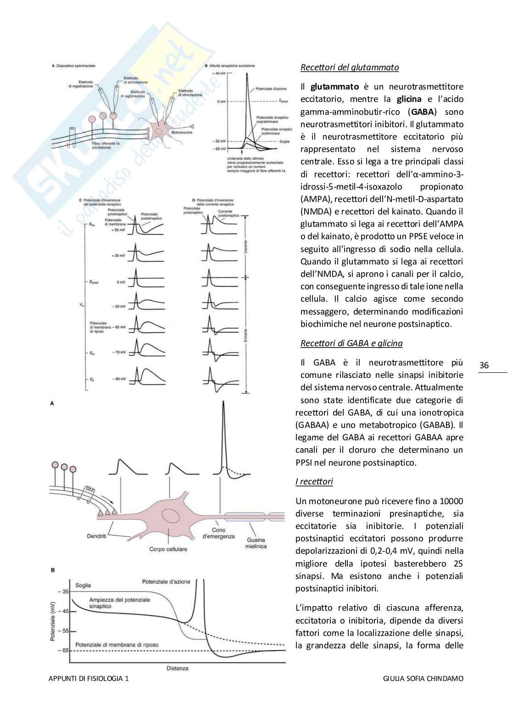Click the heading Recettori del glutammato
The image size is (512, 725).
pos(349,67)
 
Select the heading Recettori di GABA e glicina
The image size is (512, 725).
pos(351,343)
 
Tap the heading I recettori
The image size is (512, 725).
pos(314,482)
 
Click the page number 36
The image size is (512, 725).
pos(484,365)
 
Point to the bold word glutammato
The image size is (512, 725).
pos(334,87)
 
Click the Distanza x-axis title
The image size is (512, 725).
pos(177,668)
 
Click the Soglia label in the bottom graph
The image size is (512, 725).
pos(83,585)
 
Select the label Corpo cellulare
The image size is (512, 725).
pos(168,549)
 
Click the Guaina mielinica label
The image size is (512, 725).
pos(256,543)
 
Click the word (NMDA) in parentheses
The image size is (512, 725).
pos(314,212)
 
